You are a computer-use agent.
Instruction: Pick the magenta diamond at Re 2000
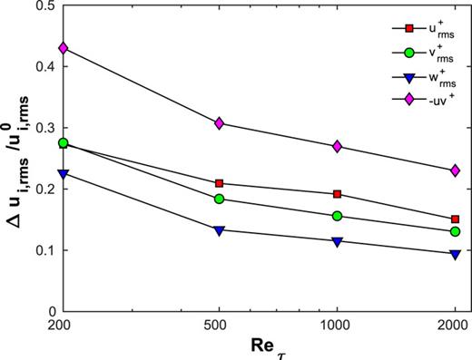click(x=455, y=170)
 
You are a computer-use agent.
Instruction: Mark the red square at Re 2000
click(x=455, y=219)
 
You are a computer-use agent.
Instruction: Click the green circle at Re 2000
click(x=455, y=231)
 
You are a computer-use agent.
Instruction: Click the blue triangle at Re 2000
click(x=455, y=254)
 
